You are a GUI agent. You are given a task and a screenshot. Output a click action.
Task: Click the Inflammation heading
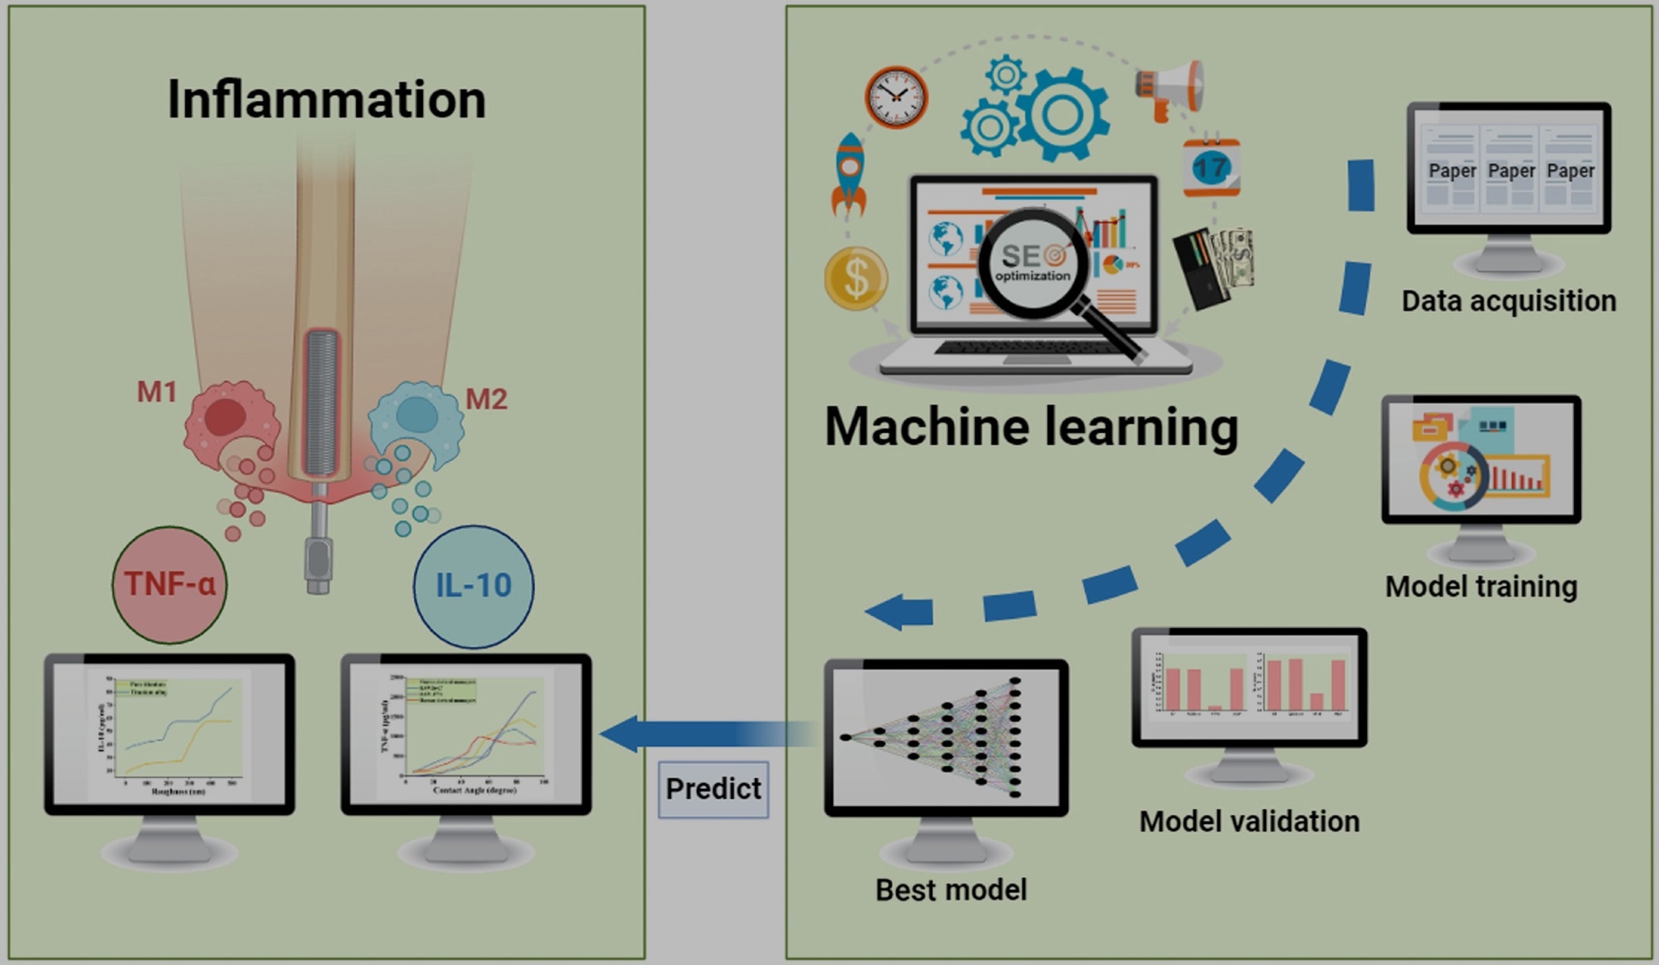tap(326, 100)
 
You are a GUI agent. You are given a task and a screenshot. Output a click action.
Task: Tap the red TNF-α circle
tap(169, 584)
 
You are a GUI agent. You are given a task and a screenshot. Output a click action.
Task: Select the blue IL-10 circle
tap(474, 586)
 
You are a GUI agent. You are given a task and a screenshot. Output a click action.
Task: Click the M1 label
tap(157, 392)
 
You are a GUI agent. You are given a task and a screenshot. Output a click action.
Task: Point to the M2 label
tap(486, 399)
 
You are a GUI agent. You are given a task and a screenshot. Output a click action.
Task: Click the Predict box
tap(713, 789)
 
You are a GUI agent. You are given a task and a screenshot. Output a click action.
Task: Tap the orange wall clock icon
tap(896, 97)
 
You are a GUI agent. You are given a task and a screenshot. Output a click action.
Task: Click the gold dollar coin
tap(856, 279)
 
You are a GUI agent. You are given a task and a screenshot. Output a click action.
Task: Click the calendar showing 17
tap(1211, 168)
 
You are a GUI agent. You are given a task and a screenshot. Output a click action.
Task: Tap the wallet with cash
tap(1213, 266)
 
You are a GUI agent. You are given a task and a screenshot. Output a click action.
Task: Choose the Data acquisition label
tap(1509, 300)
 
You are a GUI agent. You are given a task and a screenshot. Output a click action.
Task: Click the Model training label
tap(1481, 587)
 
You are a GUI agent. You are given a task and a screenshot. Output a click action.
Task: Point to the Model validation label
tap(1249, 821)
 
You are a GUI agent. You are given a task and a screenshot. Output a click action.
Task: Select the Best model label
tap(951, 890)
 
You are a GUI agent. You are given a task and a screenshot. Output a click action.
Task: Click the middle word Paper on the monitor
tap(1511, 171)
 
